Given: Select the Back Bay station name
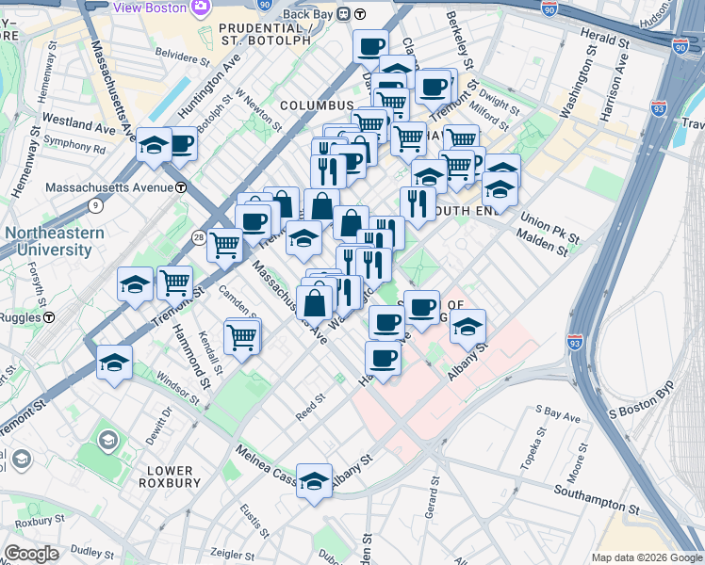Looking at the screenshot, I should pyautogui.click(x=309, y=13).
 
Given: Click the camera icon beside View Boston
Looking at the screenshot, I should pyautogui.click(x=200, y=8).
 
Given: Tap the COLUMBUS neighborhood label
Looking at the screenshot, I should pyautogui.click(x=316, y=105).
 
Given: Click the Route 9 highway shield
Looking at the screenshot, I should pyautogui.click(x=94, y=204).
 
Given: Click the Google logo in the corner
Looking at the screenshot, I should pyautogui.click(x=30, y=554).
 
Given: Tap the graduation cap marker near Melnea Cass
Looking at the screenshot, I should pyautogui.click(x=314, y=480).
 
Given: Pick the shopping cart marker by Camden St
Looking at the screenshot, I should pyautogui.click(x=242, y=336).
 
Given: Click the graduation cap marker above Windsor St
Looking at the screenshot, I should pyautogui.click(x=114, y=363).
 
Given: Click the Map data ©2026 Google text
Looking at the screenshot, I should pyautogui.click(x=647, y=557).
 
